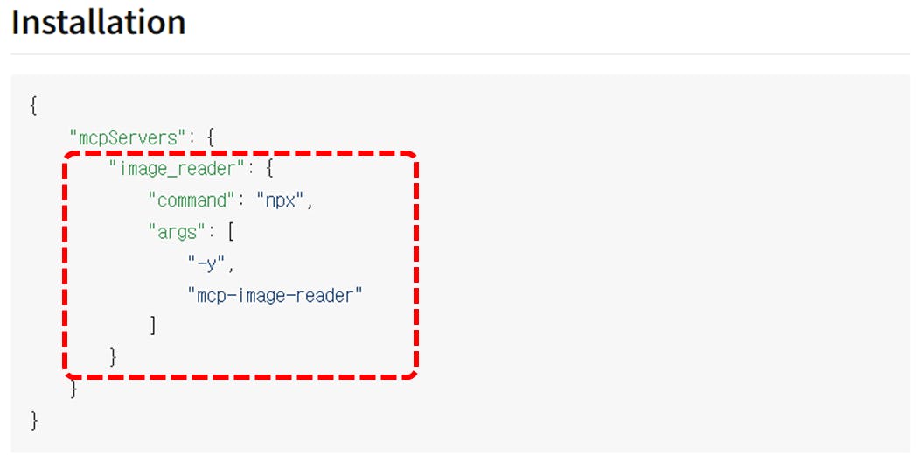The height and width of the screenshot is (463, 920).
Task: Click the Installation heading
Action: tap(98, 23)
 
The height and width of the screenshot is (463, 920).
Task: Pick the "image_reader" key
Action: tap(172, 168)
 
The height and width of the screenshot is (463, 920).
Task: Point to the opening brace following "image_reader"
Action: tap(268, 168)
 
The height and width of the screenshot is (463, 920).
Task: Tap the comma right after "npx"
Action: tap(309, 202)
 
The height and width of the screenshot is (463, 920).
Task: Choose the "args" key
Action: tap(178, 232)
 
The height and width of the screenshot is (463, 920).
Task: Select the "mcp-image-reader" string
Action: tap(274, 295)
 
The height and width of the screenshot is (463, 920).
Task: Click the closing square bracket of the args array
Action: tap(153, 326)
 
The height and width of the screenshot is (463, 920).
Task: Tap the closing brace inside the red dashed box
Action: tap(113, 356)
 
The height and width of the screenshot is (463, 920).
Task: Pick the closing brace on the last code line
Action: tap(33, 420)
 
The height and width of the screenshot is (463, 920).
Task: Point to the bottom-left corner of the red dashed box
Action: tap(67, 374)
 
